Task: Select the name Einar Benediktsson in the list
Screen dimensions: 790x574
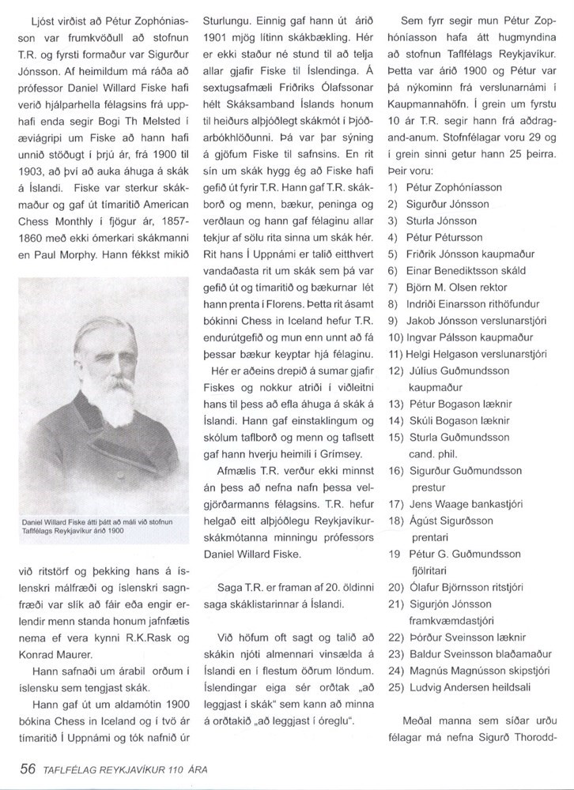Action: pos(446,270)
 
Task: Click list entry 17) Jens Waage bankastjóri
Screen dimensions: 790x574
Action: pos(462,502)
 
